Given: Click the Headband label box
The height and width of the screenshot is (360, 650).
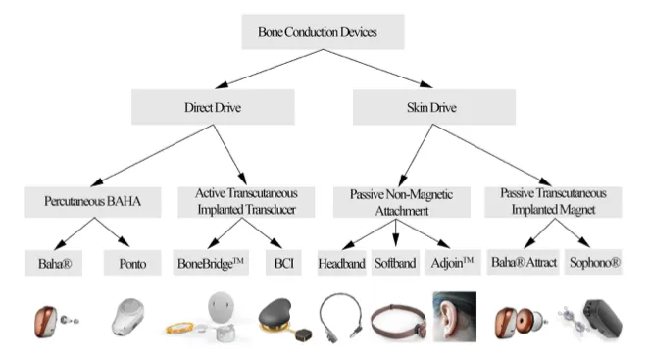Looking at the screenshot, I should coord(342,263).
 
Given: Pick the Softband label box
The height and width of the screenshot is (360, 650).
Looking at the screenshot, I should coord(399,263).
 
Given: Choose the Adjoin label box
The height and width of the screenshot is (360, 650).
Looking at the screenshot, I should coord(456,263).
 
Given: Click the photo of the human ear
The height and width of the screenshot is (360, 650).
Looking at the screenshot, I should coord(455,315).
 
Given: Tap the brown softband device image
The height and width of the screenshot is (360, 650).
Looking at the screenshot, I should coord(398,320).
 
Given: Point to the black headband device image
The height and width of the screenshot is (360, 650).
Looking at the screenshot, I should coord(342,316).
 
